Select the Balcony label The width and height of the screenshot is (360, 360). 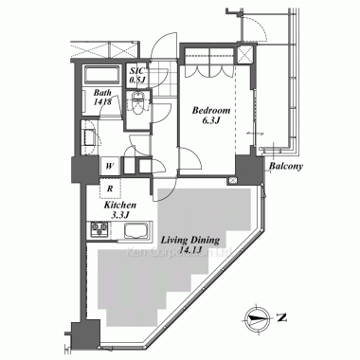285,168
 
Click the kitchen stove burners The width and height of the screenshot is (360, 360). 99,230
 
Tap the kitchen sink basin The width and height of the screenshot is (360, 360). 135,230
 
